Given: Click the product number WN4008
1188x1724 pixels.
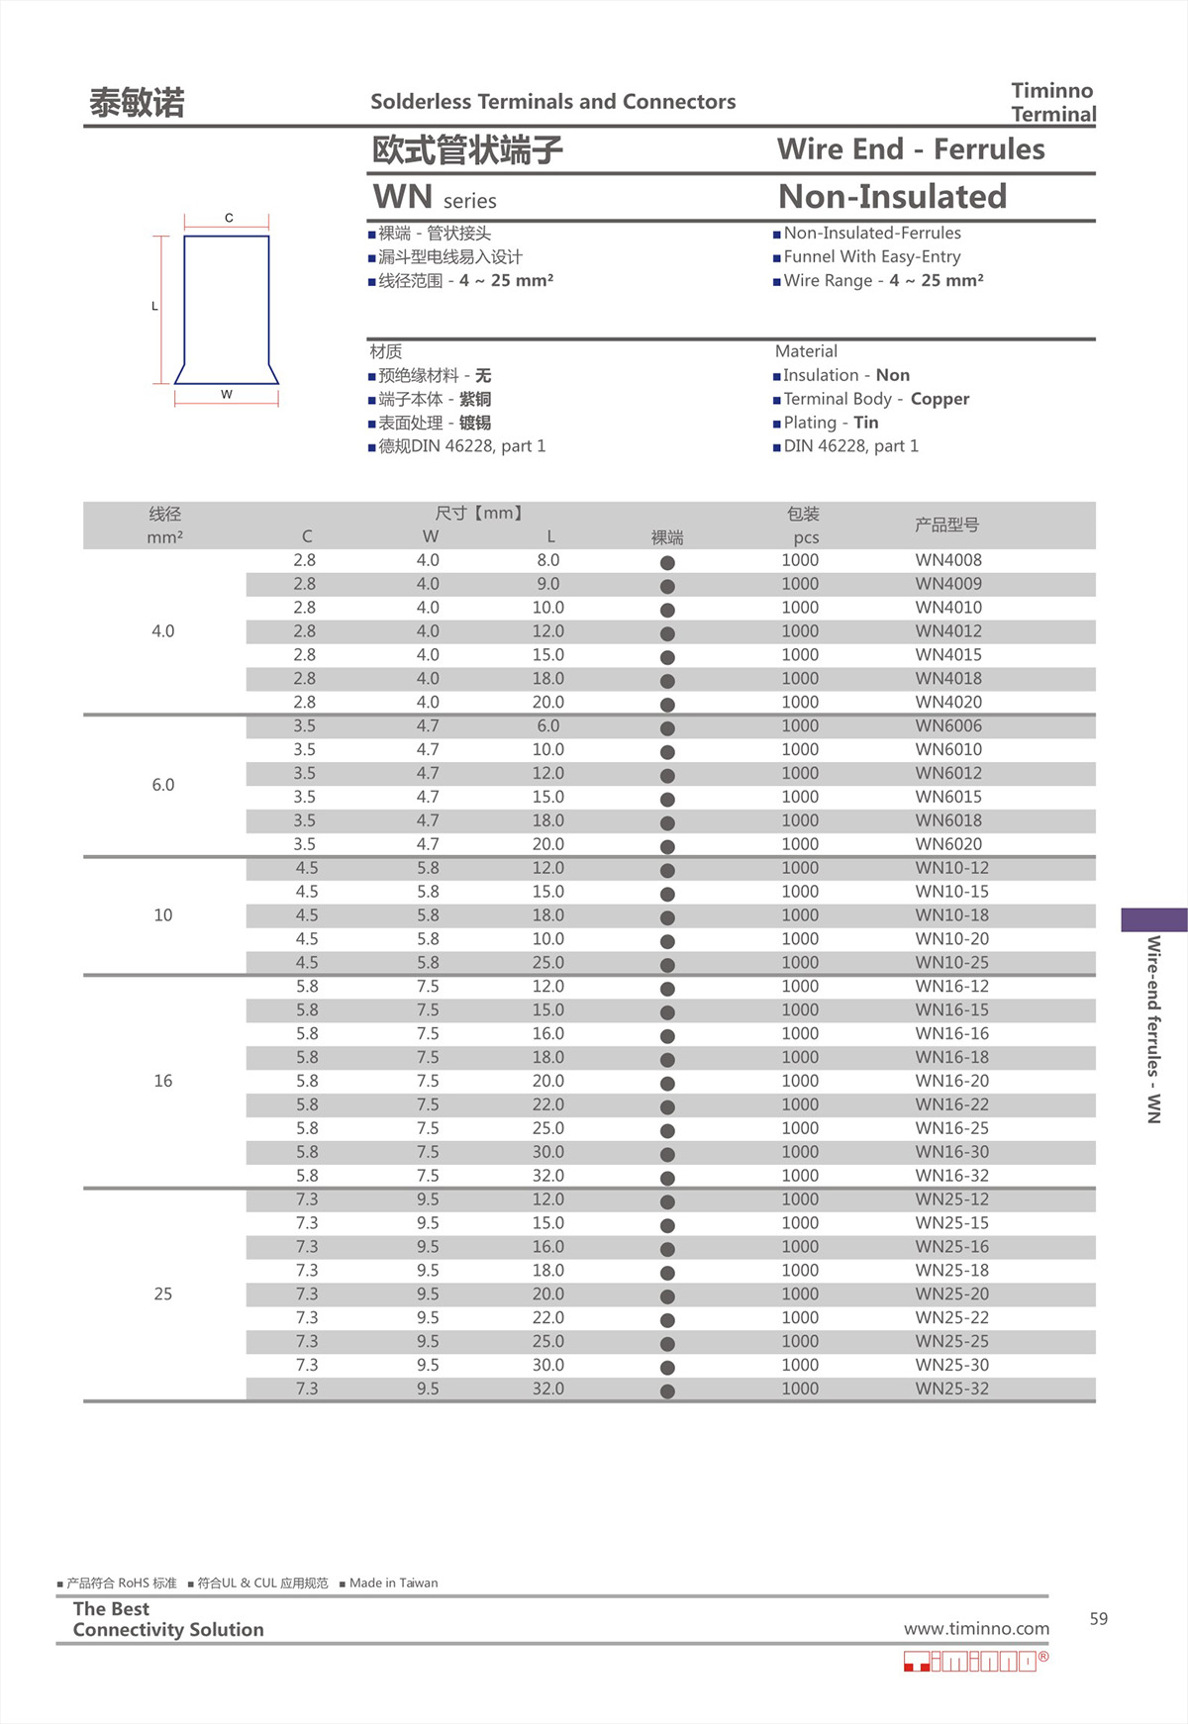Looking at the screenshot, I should [947, 560].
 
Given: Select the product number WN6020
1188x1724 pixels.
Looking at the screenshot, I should [947, 844].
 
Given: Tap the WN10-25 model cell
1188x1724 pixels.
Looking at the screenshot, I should [951, 963].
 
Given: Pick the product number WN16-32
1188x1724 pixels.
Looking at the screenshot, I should [951, 1176].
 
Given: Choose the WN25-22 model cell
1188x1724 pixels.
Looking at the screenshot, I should [951, 1318].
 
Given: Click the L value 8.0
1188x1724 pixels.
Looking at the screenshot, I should [547, 560].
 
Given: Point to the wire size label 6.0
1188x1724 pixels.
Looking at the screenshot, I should [163, 785].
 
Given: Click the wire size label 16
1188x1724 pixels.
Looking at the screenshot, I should [163, 1081].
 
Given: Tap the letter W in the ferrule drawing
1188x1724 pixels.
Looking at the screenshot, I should [227, 394].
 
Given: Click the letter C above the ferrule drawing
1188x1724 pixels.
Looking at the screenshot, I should [229, 218].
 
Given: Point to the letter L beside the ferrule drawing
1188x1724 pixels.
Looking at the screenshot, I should [154, 306].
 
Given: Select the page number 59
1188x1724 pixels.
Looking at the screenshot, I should [1098, 1619].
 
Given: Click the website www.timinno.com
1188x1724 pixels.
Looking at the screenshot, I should [976, 1629].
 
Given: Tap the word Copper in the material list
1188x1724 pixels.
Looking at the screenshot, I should [940, 399].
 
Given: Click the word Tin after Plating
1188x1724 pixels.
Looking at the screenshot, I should [866, 423].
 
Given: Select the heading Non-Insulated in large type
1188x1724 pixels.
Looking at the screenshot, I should [892, 197].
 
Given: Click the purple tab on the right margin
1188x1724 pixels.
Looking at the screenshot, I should [1153, 919].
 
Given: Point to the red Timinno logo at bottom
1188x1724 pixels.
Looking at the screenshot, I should [975, 1662].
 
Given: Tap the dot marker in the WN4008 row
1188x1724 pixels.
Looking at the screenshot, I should [667, 562].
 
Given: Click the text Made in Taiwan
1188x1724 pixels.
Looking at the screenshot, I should [393, 1583].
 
